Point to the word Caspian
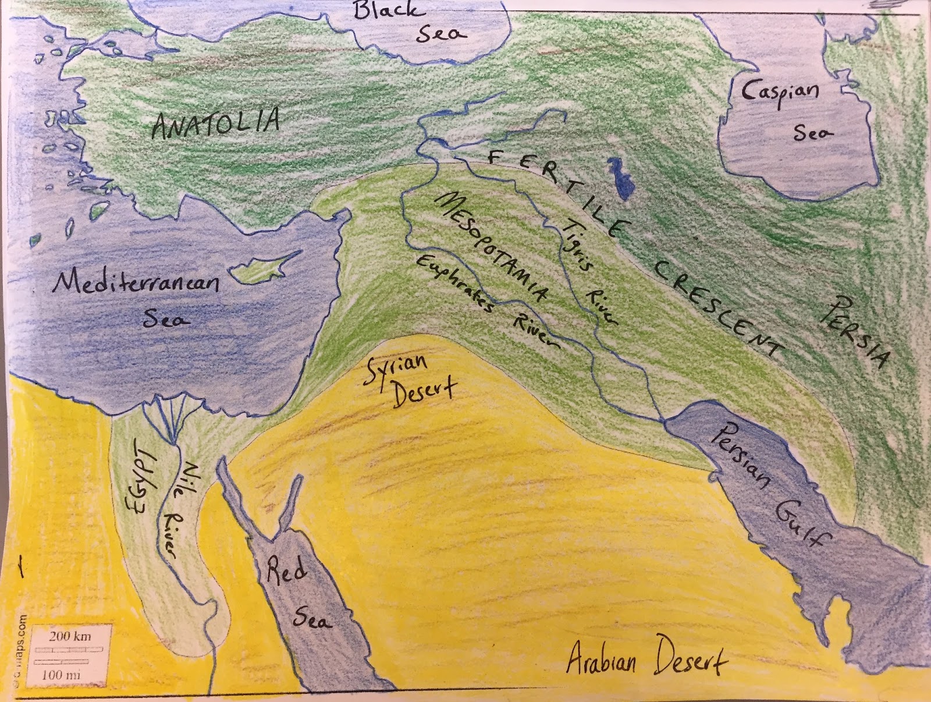point(780,93)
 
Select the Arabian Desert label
point(646,661)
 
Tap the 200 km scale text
point(70,636)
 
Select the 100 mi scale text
point(61,675)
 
